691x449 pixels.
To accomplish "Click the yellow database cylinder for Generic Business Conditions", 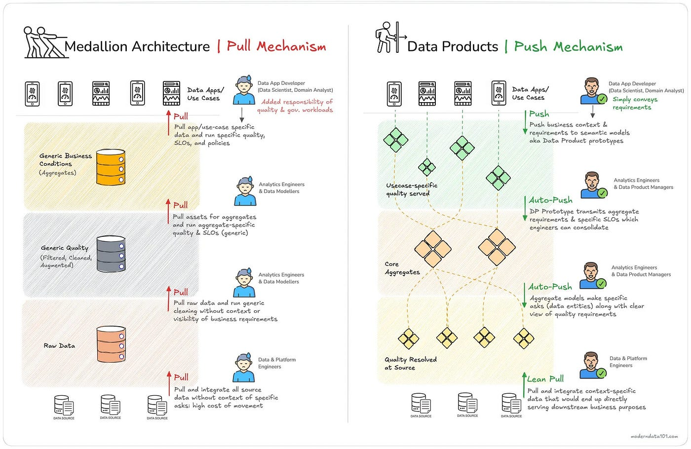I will (x=111, y=167).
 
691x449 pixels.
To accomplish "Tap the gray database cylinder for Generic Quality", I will (x=111, y=254).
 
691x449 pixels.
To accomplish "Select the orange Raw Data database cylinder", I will (x=111, y=344).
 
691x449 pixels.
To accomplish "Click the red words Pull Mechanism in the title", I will (x=276, y=46).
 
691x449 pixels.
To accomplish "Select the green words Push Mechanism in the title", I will (x=568, y=47).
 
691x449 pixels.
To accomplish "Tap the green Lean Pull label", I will (x=545, y=379).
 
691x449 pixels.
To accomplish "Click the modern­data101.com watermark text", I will (x=654, y=437).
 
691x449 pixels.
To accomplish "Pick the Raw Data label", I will (x=59, y=346).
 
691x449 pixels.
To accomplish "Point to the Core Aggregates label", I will (x=402, y=268).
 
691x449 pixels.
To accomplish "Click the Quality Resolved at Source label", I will (x=411, y=363).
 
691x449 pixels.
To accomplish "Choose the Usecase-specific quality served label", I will (x=412, y=189).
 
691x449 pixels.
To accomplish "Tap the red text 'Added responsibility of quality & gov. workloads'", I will (x=297, y=106).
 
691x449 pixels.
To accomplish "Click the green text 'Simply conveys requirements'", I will (x=635, y=103).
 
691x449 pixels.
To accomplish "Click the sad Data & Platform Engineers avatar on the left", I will (x=244, y=368).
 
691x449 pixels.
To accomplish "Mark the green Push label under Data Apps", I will (x=539, y=114).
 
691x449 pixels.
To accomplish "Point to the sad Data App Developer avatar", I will (x=244, y=90).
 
